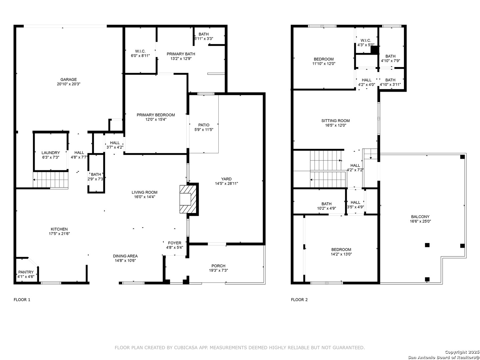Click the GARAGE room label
click(x=68, y=79)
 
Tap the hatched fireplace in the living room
click(x=188, y=199)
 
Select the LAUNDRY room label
click(x=51, y=153)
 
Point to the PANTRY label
click(x=26, y=272)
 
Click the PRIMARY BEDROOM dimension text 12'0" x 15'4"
click(x=156, y=119)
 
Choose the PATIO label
click(x=204, y=125)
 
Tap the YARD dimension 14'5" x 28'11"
click(x=226, y=183)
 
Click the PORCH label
click(x=218, y=266)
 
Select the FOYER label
click(x=175, y=243)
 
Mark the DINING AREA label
click(x=125, y=256)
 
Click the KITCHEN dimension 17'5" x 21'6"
click(x=59, y=234)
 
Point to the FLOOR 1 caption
click(x=22, y=300)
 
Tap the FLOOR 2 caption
click(x=299, y=300)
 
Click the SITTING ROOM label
click(x=335, y=121)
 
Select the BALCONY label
click(x=420, y=217)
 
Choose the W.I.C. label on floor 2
click(x=366, y=40)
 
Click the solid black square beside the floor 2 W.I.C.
click(x=374, y=50)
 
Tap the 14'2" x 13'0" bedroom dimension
click(x=341, y=254)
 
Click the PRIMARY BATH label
click(x=181, y=54)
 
